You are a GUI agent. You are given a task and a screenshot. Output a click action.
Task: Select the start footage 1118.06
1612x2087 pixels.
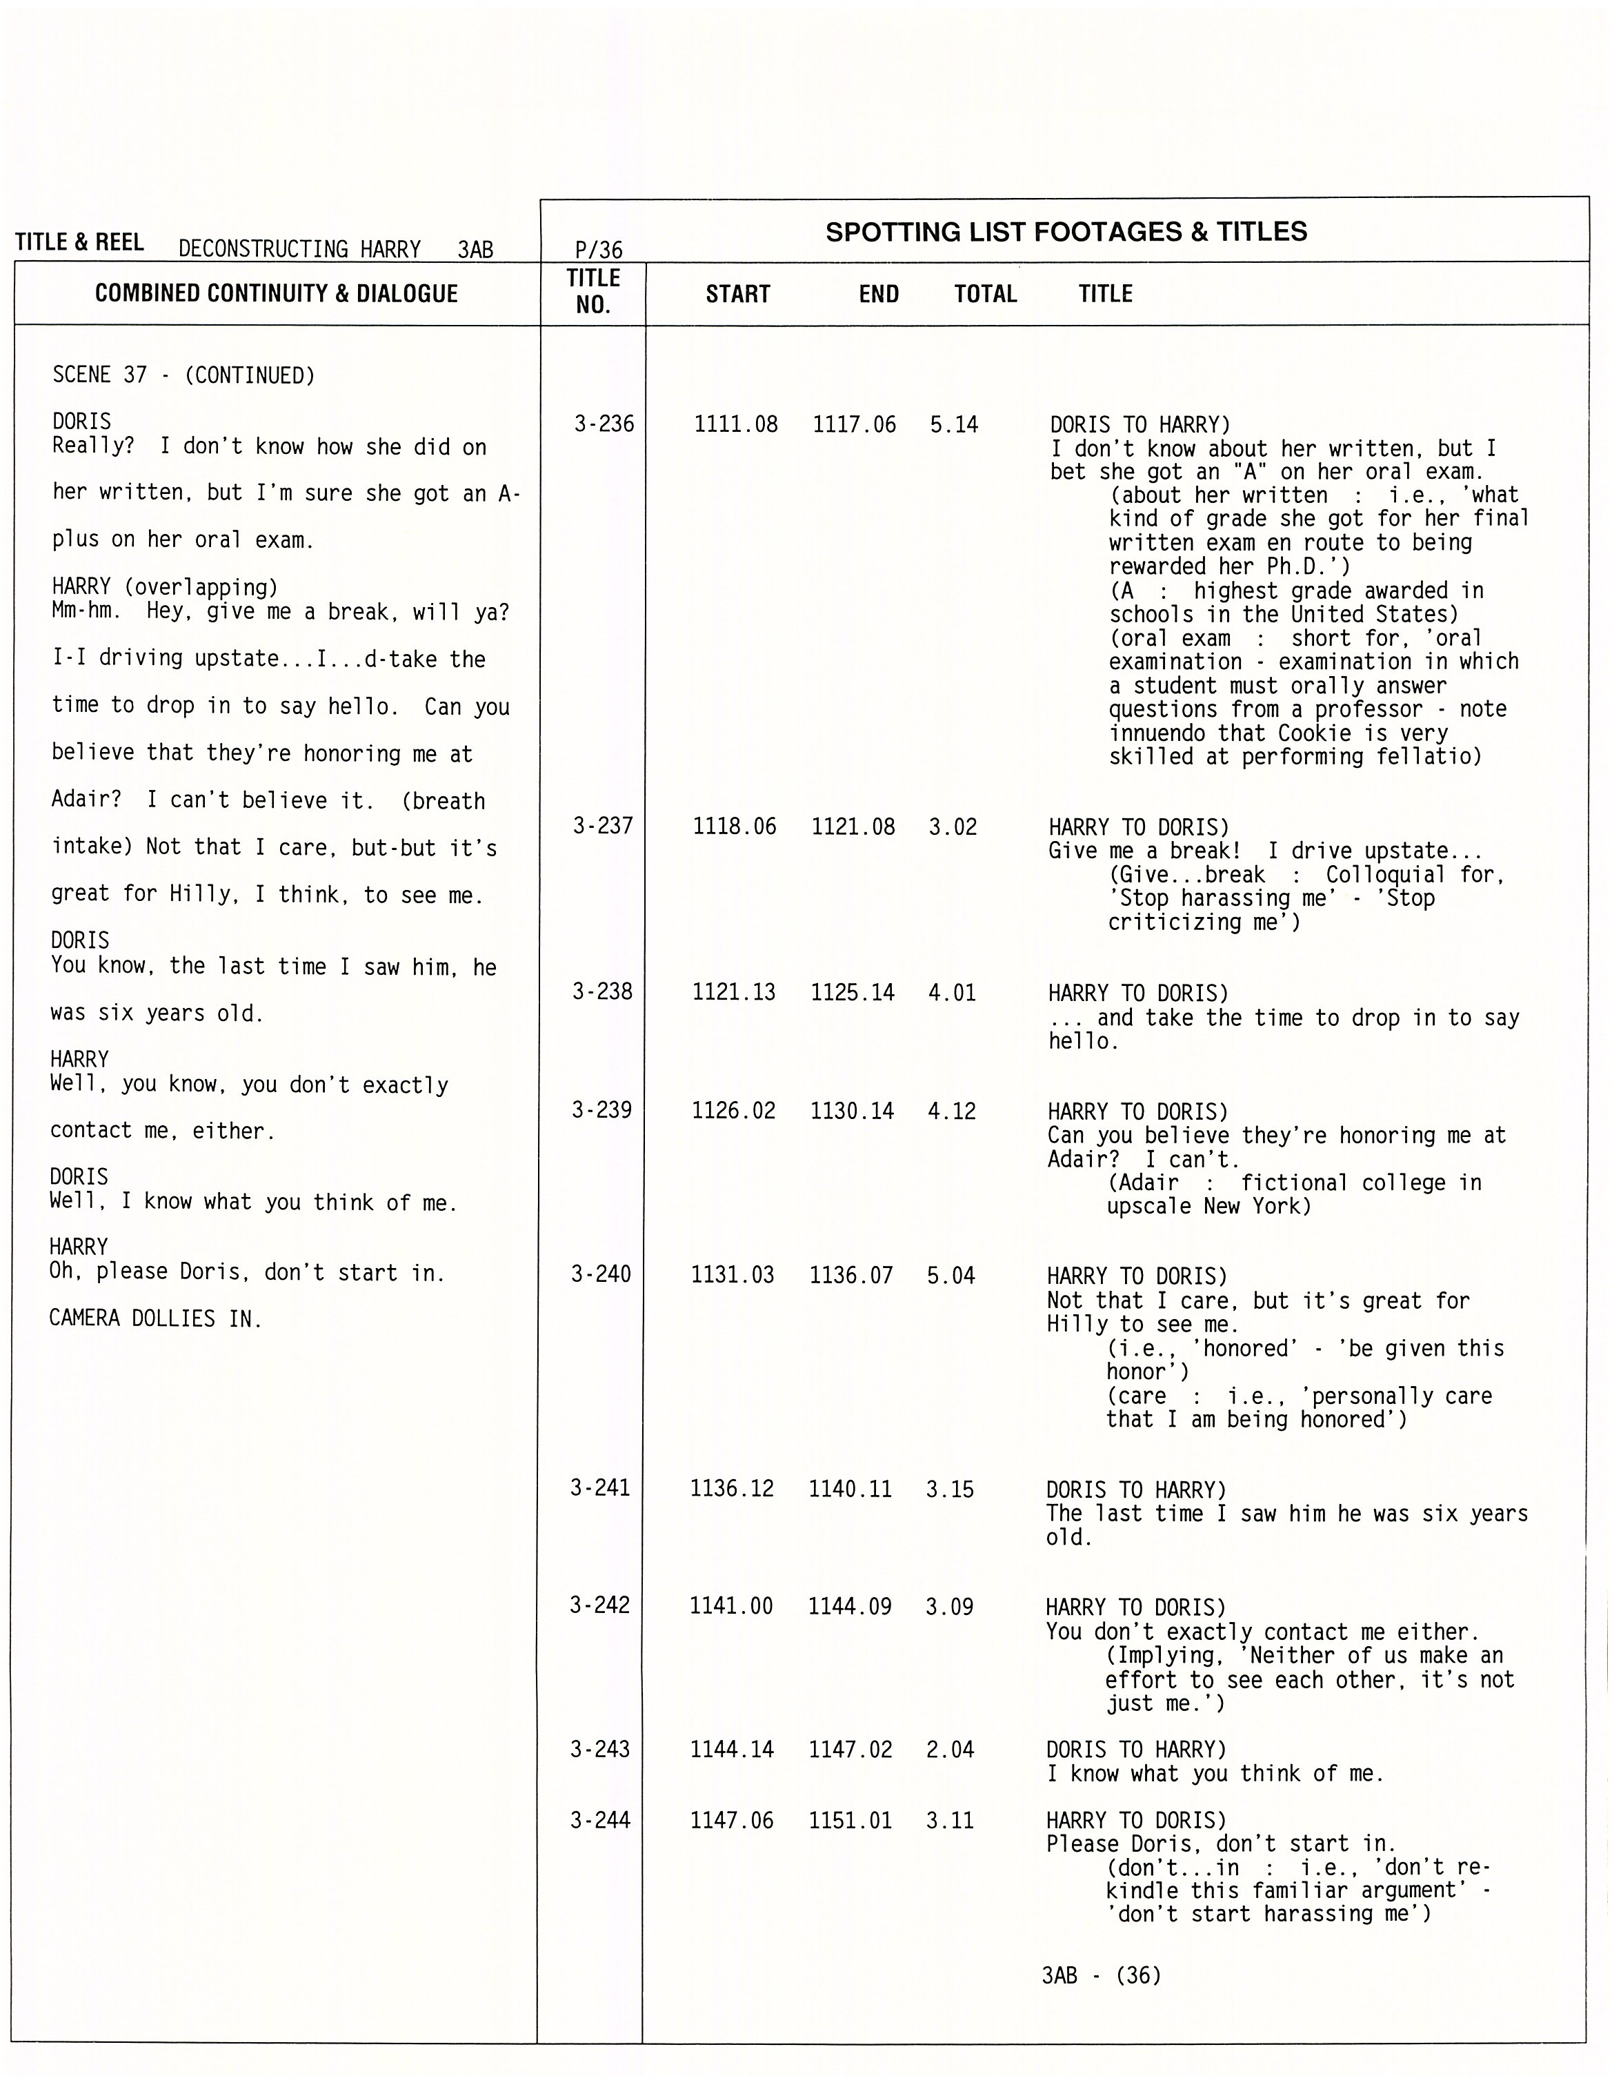pos(734,826)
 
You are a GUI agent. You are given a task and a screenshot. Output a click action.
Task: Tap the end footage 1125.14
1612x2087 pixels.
pos(853,992)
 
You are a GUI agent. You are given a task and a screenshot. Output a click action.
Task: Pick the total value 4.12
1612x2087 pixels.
pos(952,1110)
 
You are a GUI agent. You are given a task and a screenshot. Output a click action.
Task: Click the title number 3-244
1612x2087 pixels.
pos(600,1821)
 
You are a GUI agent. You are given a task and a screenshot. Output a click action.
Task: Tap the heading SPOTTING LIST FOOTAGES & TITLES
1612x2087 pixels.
pos(1066,233)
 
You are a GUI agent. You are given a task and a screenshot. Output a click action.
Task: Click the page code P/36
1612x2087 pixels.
pos(598,250)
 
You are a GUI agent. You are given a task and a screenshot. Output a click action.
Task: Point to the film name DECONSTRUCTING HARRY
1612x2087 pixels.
pos(299,250)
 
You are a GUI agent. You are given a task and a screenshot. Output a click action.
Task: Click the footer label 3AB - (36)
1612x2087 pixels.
pos(1101,1975)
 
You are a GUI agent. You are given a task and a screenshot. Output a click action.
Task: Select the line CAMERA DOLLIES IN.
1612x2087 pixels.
pos(155,1318)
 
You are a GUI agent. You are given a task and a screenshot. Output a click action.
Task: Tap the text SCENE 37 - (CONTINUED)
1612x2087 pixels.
pos(183,375)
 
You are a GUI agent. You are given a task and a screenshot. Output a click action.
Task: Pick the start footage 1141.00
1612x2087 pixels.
pos(731,1606)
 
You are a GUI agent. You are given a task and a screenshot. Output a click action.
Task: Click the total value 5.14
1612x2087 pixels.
pos(954,424)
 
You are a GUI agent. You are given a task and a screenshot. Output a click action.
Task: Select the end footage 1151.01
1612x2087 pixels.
pos(850,1821)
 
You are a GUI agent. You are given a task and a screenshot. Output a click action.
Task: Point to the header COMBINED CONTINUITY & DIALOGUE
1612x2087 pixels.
pos(276,293)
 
